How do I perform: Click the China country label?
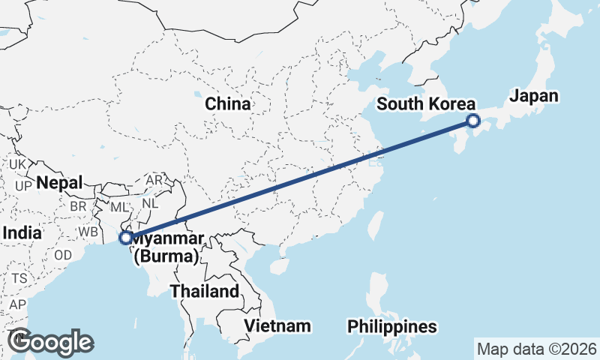(228, 104)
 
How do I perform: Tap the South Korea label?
(426, 103)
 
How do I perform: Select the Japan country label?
(534, 96)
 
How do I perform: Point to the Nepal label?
(58, 182)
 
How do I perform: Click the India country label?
(22, 233)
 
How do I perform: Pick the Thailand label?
(204, 291)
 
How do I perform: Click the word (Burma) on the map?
(166, 257)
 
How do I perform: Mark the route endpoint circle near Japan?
(473, 120)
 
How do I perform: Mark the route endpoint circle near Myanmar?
(126, 238)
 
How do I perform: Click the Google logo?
(50, 342)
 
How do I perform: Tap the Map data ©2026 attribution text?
(537, 349)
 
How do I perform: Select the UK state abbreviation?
(18, 164)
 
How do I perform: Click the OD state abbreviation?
(63, 254)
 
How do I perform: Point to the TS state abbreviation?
(19, 278)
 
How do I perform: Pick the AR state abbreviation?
(154, 181)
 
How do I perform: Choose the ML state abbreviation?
(120, 206)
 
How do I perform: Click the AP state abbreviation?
(17, 305)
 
